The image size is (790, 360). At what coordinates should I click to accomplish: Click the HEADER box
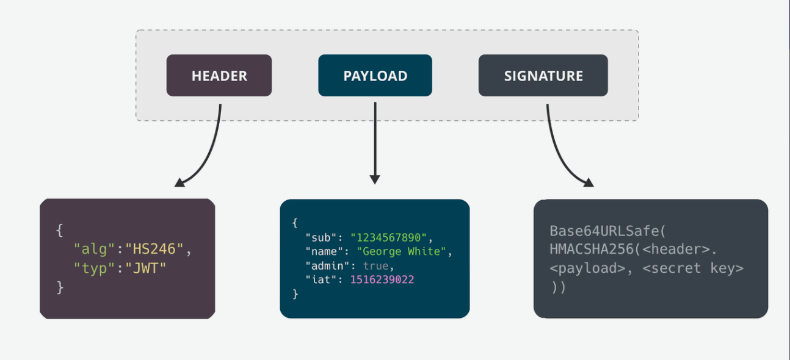219,75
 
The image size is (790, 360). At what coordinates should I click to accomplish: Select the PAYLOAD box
375,75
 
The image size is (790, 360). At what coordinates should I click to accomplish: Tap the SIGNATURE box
543,75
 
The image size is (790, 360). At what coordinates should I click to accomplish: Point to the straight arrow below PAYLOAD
375,143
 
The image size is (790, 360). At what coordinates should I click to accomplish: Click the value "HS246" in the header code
154,250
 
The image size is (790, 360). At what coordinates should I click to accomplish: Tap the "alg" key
94,250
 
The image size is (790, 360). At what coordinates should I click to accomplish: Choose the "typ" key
94,268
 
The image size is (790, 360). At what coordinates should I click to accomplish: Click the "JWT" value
145,268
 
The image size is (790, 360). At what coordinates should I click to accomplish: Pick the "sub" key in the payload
322,237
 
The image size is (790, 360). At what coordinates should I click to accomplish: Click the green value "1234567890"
389,237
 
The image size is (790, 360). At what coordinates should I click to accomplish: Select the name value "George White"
401,251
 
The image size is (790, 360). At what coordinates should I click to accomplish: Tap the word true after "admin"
375,265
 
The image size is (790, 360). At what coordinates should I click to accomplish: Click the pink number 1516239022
382,279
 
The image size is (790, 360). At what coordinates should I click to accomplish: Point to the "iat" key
322,279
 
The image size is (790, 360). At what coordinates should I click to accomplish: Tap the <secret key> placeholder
693,268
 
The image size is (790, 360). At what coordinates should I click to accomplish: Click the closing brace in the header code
60,287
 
